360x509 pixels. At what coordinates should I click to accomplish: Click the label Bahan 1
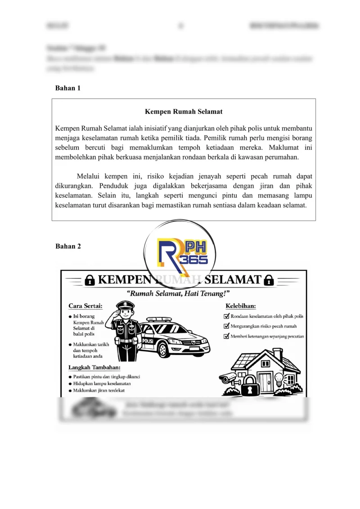[x=67, y=88]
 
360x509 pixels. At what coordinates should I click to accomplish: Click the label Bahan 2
[x=67, y=246]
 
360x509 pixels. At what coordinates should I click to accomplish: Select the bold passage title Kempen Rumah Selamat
[x=184, y=111]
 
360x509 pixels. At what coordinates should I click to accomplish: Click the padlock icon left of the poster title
[x=90, y=280]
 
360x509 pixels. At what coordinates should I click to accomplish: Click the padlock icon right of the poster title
[x=269, y=280]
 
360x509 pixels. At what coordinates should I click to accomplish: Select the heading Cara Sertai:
[x=85, y=306]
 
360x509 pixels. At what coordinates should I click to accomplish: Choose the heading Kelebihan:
[x=241, y=306]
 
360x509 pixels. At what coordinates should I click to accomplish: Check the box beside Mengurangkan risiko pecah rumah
[x=227, y=326]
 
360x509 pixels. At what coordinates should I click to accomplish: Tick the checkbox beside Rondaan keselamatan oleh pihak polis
[x=227, y=316]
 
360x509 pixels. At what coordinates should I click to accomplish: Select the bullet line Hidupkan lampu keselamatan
[x=102, y=383]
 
